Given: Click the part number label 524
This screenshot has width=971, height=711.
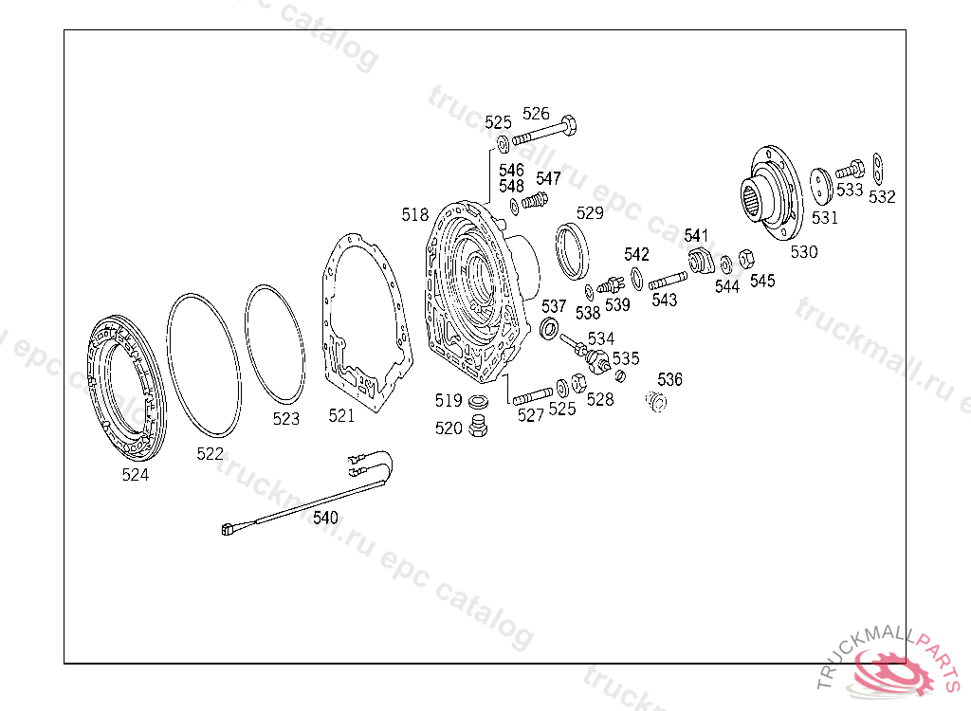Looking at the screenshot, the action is pyautogui.click(x=135, y=474).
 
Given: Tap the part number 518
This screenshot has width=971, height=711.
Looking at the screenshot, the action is pyautogui.click(x=414, y=215).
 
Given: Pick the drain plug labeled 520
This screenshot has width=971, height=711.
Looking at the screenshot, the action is pyautogui.click(x=478, y=426).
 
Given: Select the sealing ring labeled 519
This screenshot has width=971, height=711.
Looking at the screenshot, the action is pyautogui.click(x=478, y=402).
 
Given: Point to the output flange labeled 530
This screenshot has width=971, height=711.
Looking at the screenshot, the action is pyautogui.click(x=772, y=192).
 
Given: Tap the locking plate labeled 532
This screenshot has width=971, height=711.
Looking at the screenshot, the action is pyautogui.click(x=877, y=168).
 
